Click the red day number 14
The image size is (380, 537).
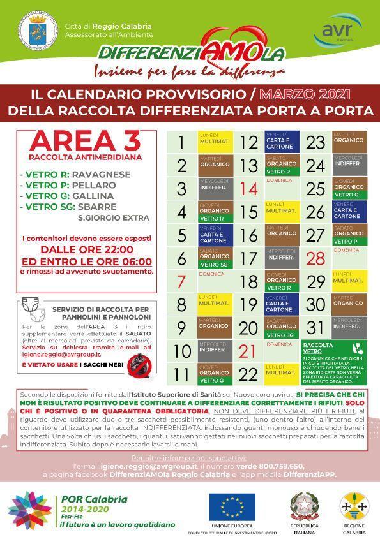click(248, 189)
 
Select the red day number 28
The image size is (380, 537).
click(315, 258)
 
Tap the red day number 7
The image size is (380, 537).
click(181, 281)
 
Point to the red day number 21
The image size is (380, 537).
click(248, 351)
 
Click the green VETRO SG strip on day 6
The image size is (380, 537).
click(215, 264)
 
